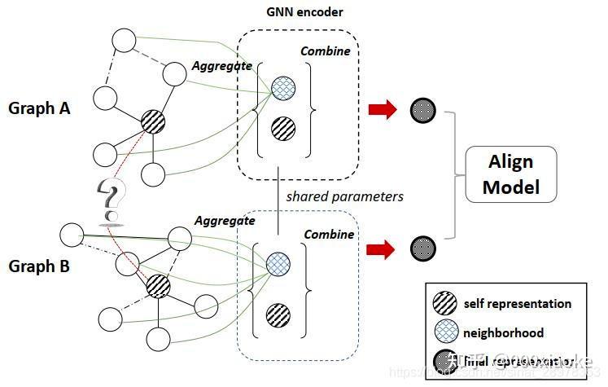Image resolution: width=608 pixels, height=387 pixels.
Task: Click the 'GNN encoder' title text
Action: click(304, 13)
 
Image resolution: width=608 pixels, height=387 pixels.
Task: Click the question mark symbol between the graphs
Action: click(109, 201)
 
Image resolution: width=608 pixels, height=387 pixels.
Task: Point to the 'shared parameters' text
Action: click(344, 196)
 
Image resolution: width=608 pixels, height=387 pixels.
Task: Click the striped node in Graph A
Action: click(153, 122)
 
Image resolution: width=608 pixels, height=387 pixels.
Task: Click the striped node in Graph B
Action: click(158, 285)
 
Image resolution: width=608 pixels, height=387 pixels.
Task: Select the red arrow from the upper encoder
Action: click(383, 110)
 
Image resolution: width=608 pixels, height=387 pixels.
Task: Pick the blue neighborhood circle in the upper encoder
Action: click(282, 87)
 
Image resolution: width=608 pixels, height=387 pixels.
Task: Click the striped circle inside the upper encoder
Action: click(282, 128)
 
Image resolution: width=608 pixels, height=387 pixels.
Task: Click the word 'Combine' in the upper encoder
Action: click(325, 51)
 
